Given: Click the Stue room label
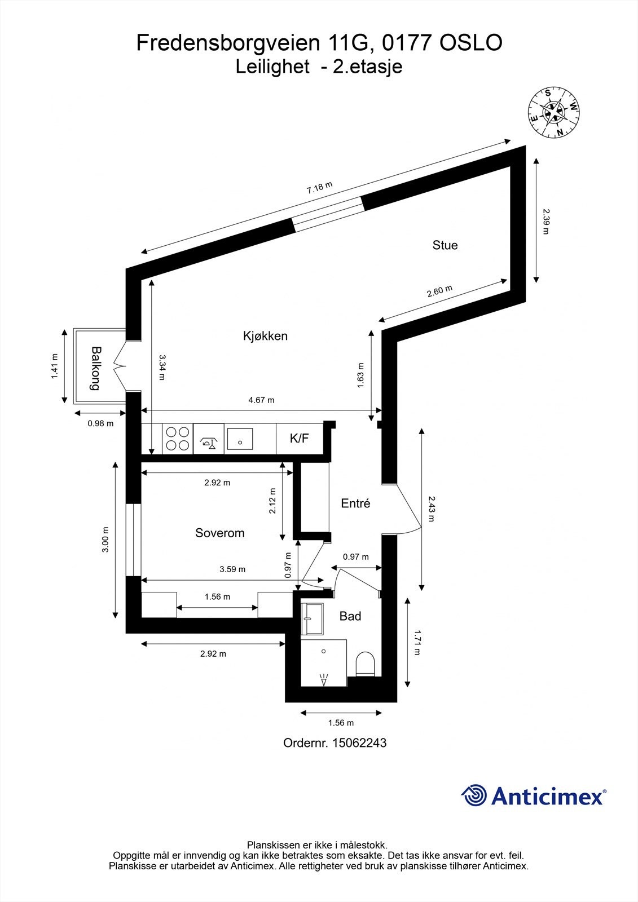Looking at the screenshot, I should pyautogui.click(x=445, y=245).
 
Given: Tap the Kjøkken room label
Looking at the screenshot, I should pyautogui.click(x=265, y=336).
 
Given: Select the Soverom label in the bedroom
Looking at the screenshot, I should pyautogui.click(x=219, y=533).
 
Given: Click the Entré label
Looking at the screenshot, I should pyautogui.click(x=355, y=503).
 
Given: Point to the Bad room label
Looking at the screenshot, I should pyautogui.click(x=350, y=616).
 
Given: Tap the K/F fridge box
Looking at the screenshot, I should pyautogui.click(x=299, y=438).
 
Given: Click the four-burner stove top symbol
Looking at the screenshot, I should pyautogui.click(x=178, y=439).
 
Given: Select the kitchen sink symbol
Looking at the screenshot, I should pyautogui.click(x=240, y=438).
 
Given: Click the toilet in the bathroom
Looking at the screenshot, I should pyautogui.click(x=366, y=664).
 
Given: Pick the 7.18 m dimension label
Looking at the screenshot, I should pyautogui.click(x=319, y=188).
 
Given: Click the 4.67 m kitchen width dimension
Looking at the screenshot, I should pyautogui.click(x=261, y=400).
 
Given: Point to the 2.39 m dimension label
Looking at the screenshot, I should pyautogui.click(x=545, y=221).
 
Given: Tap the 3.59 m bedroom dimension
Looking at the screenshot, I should pyautogui.click(x=232, y=569).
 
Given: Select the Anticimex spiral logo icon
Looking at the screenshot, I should pyautogui.click(x=474, y=796).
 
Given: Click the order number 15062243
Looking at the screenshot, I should pyautogui.click(x=359, y=743).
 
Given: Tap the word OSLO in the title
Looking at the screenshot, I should pyautogui.click(x=470, y=43).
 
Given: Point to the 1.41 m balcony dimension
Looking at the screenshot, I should pyautogui.click(x=55, y=366).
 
